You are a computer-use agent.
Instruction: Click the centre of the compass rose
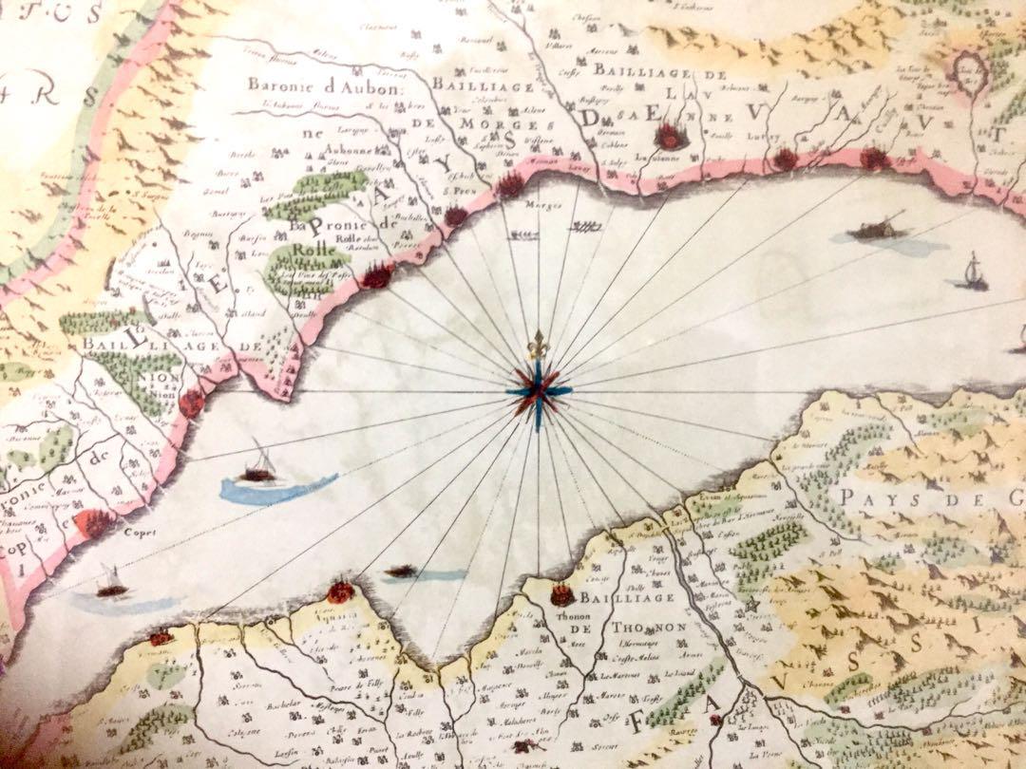click(539, 390)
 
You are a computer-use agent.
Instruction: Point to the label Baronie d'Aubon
click(327, 85)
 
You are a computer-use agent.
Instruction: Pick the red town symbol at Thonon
click(561, 595)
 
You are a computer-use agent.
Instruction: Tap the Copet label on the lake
click(139, 533)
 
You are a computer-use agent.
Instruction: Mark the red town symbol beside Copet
click(94, 521)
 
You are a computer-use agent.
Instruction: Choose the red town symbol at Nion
click(192, 403)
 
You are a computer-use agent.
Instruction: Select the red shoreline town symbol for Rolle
click(378, 275)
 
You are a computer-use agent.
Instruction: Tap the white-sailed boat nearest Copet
click(112, 584)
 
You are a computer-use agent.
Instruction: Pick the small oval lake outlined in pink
click(968, 68)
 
